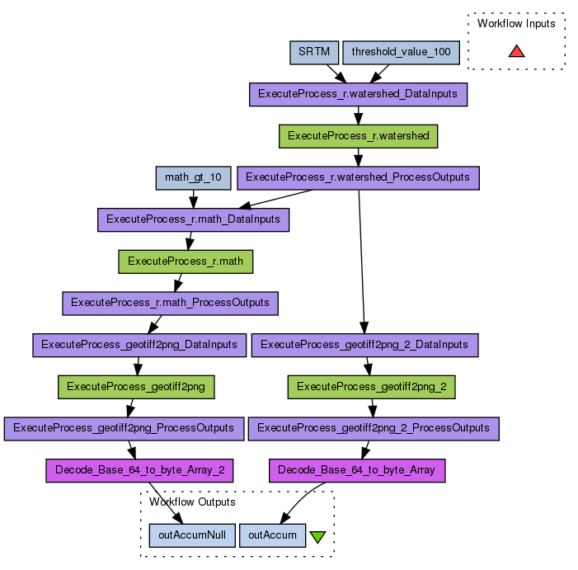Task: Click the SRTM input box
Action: tap(313, 52)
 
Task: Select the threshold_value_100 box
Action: tap(401, 52)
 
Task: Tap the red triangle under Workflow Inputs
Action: tap(516, 52)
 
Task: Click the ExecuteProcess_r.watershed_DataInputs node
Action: tap(358, 94)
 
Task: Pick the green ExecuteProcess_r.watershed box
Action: tap(358, 136)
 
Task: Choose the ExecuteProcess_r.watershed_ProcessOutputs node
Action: tap(358, 177)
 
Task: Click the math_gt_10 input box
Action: tap(193, 177)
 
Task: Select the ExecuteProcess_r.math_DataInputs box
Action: tap(193, 219)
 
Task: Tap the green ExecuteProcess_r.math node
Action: tap(186, 261)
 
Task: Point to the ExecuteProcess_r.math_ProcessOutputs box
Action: tap(170, 303)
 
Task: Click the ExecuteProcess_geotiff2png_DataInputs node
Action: tap(139, 345)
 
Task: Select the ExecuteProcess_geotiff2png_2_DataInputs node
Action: tap(364, 345)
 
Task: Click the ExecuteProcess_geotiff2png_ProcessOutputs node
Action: tap(124, 428)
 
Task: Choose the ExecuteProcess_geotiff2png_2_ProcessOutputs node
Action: tap(374, 428)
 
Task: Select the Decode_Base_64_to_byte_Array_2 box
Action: tap(139, 471)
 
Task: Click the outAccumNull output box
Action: tap(192, 535)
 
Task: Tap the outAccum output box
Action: tap(273, 535)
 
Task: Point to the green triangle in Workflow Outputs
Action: tap(317, 537)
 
